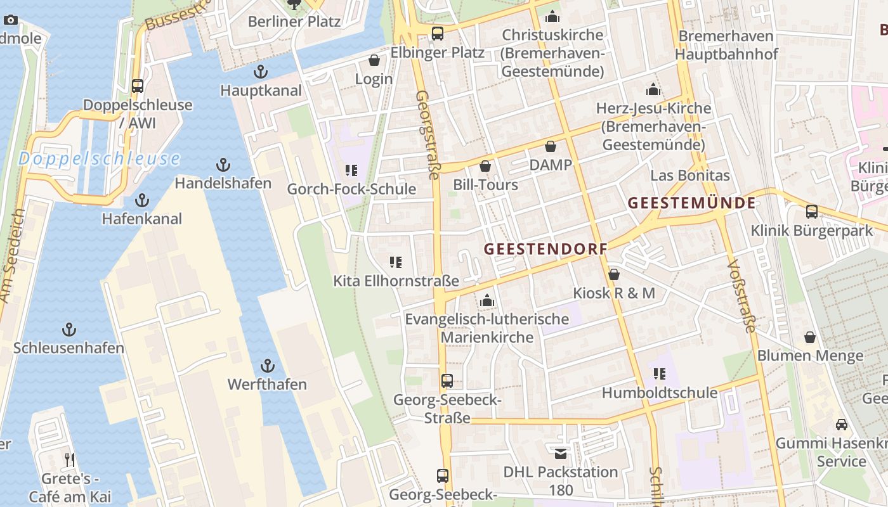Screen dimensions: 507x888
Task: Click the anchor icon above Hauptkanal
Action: click(259, 72)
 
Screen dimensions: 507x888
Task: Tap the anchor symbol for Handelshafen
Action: click(223, 165)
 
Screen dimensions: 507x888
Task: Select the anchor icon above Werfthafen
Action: click(268, 366)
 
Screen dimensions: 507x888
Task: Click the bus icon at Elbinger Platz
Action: click(438, 34)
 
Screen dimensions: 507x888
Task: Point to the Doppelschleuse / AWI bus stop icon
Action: click(138, 86)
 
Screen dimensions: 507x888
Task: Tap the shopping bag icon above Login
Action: click(374, 60)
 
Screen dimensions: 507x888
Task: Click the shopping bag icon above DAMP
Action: click(551, 146)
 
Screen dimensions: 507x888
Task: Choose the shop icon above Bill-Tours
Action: click(485, 166)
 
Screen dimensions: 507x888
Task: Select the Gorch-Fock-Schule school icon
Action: click(351, 170)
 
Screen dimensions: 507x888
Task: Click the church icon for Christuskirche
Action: click(552, 16)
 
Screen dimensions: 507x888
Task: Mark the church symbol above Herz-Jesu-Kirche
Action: click(653, 89)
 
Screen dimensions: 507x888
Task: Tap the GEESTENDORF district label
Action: click(545, 249)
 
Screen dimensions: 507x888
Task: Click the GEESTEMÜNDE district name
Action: click(691, 203)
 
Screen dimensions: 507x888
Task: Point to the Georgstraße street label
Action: click(426, 135)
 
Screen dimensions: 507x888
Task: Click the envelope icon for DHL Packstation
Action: click(561, 453)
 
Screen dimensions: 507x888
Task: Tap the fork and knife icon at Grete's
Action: click(69, 459)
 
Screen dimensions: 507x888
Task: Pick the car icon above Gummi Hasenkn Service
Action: click(841, 424)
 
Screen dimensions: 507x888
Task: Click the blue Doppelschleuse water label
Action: click(99, 158)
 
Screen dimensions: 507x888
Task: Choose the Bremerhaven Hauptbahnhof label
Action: click(726, 45)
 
